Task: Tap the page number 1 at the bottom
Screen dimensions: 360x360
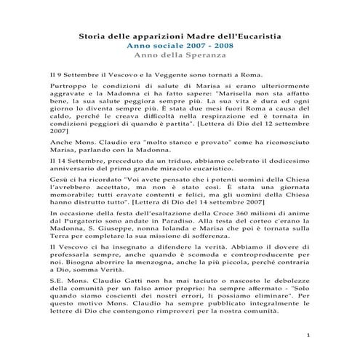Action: (309, 337)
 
